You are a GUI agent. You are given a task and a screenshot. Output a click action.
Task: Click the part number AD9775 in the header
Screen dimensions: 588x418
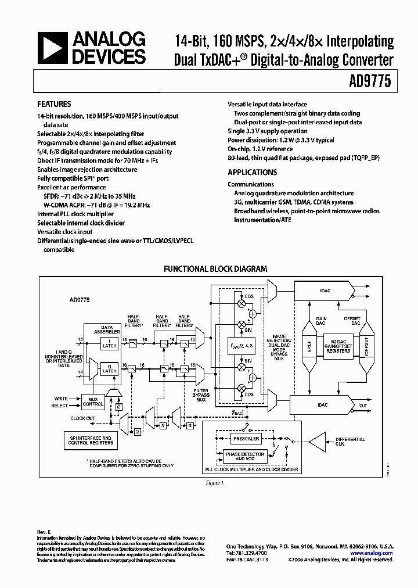(374, 83)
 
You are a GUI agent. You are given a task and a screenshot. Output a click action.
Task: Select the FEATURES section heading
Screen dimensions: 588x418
(55, 105)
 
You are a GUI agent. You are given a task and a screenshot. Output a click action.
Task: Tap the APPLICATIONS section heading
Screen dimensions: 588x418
(252, 173)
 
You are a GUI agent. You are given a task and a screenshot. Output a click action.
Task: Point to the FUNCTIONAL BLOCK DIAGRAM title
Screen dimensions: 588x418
(215, 269)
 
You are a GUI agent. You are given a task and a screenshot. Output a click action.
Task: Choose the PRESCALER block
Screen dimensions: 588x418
(245, 439)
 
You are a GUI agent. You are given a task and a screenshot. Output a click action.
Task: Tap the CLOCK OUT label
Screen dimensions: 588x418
(82, 418)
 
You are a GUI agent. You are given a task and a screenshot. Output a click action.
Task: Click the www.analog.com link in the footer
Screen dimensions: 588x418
(372, 553)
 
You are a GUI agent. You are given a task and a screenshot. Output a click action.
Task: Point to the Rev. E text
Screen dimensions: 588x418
(45, 531)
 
